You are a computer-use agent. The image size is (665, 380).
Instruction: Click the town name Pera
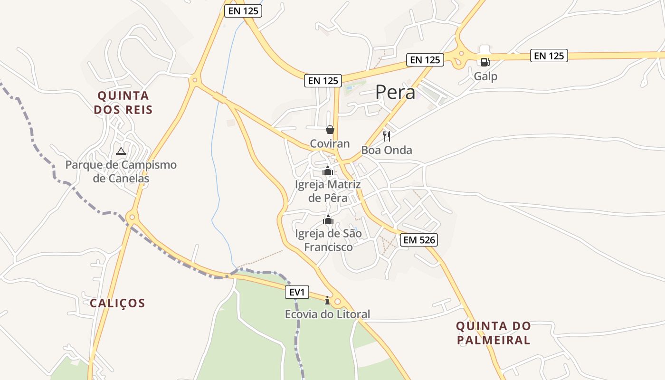(x=395, y=92)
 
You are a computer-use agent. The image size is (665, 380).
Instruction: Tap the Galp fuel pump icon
(x=485, y=62)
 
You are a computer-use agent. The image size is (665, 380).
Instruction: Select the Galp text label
(x=485, y=76)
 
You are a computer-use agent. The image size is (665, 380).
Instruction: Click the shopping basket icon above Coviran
(x=330, y=130)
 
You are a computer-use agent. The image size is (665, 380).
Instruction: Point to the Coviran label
(x=330, y=143)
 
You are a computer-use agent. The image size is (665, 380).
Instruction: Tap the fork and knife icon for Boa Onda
(x=387, y=136)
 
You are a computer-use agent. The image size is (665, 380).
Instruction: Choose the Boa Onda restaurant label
(x=387, y=150)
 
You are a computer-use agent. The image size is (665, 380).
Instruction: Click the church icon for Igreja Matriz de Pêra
(x=327, y=171)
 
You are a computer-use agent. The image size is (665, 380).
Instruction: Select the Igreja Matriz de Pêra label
(x=328, y=191)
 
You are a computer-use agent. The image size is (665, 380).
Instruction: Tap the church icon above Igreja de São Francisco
(x=328, y=219)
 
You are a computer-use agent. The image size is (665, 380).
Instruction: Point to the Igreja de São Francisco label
(x=328, y=240)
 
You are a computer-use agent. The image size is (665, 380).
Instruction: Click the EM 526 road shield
(x=418, y=240)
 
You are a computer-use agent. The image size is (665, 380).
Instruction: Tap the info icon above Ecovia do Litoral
(x=327, y=300)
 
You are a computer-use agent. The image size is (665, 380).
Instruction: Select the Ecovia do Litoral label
(x=327, y=314)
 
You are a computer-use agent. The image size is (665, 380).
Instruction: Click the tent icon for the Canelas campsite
(x=121, y=151)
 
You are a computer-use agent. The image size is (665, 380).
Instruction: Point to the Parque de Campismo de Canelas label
(x=121, y=171)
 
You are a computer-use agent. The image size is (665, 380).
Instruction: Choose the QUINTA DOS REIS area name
(x=123, y=103)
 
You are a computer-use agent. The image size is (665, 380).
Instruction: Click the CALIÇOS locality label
(x=117, y=303)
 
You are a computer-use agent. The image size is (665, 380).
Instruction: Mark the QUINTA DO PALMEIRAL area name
(x=494, y=333)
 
